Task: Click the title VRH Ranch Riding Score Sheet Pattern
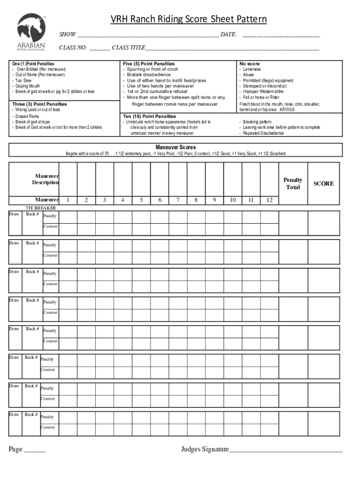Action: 188,19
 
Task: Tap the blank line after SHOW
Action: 148,35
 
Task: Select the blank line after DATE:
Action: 281,35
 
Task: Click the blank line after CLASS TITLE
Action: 232,48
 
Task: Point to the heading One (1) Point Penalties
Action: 33,64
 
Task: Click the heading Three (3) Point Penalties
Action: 40,104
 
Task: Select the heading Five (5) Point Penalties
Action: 149,64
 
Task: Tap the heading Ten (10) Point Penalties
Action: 150,116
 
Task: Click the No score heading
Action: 250,64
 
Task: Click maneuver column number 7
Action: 178,200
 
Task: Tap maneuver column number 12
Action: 269,200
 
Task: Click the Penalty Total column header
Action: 293,183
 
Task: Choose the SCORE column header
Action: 324,183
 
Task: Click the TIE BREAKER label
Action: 41,208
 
